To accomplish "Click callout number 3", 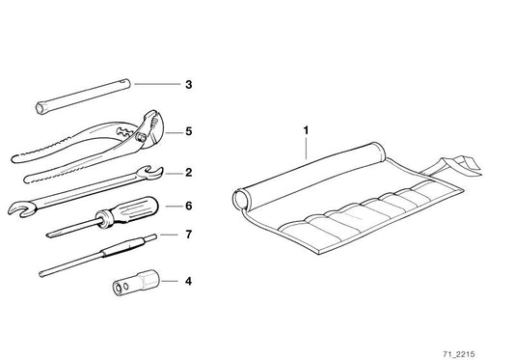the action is [x=189, y=85].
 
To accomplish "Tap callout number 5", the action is [x=189, y=130].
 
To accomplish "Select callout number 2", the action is [x=189, y=174].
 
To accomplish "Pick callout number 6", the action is [x=189, y=206].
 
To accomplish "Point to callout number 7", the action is [x=189, y=235].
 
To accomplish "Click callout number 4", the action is [x=189, y=282].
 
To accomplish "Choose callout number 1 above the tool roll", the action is [x=308, y=126].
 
